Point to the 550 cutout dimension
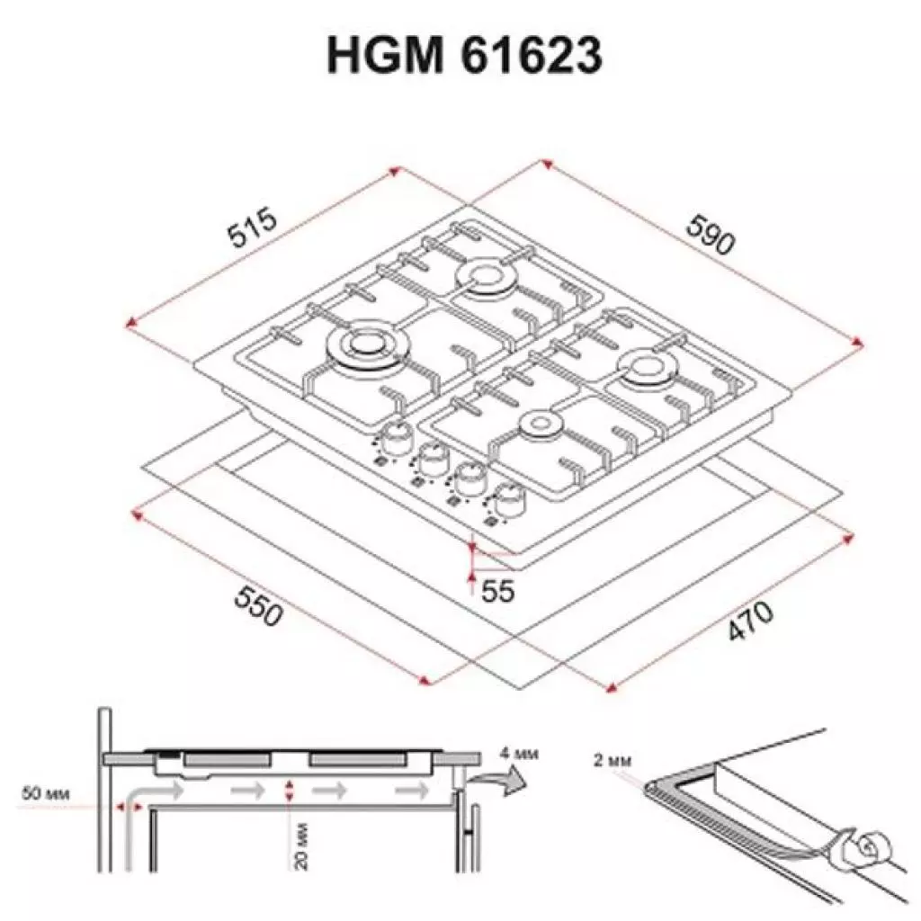[259, 607]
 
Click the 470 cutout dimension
[748, 621]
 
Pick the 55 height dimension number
[497, 591]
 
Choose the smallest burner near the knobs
[541, 425]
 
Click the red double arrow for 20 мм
[289, 791]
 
